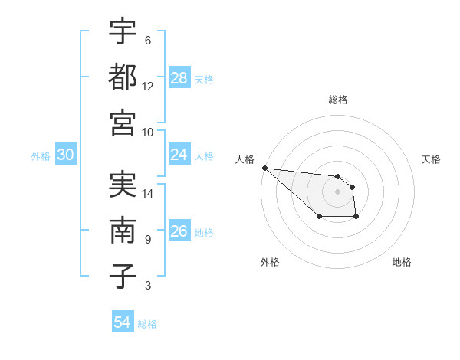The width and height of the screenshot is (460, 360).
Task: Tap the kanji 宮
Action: coord(123,122)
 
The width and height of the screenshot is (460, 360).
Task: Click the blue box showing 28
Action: coord(179,78)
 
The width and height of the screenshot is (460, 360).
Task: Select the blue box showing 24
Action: coord(179,155)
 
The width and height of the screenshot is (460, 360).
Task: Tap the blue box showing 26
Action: coord(179,231)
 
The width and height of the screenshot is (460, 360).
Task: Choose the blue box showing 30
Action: coord(66,155)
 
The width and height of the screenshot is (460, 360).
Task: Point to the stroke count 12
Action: coord(148,86)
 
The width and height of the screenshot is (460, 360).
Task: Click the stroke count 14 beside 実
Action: coord(148,193)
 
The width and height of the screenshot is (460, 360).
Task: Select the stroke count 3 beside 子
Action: coord(147,286)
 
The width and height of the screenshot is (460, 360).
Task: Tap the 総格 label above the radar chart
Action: coord(338,100)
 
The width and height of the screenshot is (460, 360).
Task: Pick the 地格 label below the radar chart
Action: coord(402,262)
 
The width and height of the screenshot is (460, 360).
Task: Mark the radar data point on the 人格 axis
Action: coord(264,168)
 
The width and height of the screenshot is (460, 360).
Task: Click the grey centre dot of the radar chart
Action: coord(338,191)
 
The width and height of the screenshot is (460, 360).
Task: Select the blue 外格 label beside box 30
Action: coord(41,155)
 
